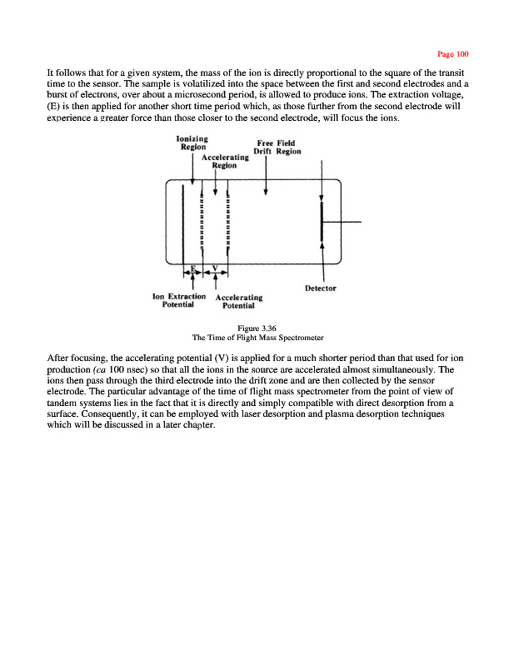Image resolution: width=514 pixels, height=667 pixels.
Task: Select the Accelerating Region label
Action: [225, 161]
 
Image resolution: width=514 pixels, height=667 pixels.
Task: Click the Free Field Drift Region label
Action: [277, 147]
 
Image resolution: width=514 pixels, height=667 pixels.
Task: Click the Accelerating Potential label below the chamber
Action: [239, 301]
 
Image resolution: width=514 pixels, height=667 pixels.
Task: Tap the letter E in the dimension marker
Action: [192, 268]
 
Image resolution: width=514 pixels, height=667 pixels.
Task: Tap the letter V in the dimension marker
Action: [216, 268]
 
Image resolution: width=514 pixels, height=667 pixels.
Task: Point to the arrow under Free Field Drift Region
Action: [265, 179]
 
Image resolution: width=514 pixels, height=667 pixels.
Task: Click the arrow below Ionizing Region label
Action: [192, 171]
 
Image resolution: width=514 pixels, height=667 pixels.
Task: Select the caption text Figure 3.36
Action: [257, 328]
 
